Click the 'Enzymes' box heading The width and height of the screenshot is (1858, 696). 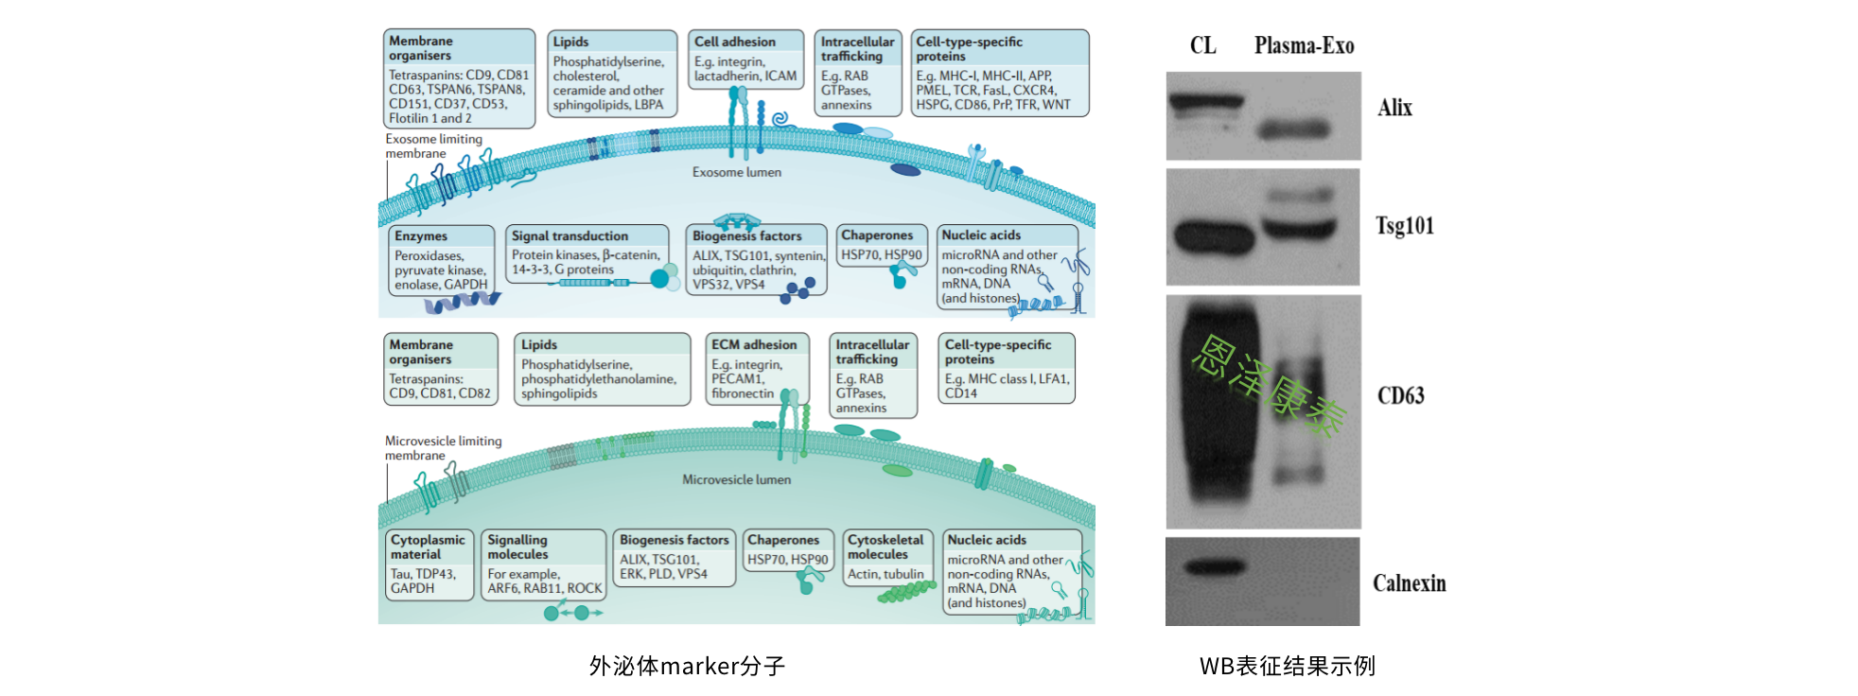421,236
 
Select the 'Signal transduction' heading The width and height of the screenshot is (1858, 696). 570,236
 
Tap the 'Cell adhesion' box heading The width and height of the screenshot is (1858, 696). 735,42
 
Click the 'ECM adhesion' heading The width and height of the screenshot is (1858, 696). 754,345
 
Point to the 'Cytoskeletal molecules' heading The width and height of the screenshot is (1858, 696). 885,547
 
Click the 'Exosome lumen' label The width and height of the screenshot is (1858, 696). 737,172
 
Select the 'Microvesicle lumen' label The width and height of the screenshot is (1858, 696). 737,479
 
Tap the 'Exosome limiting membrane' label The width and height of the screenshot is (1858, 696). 433,147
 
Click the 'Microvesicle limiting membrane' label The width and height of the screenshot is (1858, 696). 443,448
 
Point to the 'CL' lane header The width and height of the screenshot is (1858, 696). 1202,45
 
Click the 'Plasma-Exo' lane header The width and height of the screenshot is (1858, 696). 1304,45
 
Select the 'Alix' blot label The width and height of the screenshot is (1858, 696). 1394,108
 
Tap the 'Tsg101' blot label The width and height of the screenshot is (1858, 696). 1405,226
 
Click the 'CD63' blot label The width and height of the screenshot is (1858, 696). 1401,395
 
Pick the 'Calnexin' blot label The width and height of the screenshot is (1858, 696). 1410,583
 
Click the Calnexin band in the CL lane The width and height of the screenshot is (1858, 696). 1215,567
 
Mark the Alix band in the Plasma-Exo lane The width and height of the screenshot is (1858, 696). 1294,129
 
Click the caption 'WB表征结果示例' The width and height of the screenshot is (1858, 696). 1288,667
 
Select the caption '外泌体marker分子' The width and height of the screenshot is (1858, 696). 687,667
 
